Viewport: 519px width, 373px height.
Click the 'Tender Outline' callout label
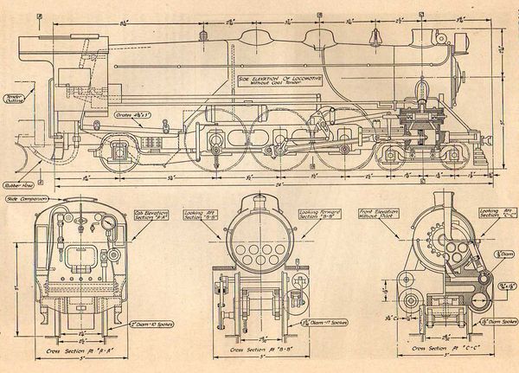tap(15, 98)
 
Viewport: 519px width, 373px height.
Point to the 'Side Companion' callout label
tap(24, 200)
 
